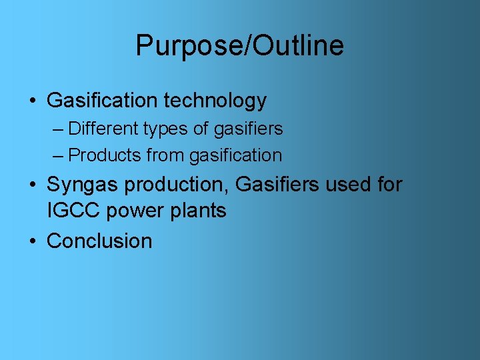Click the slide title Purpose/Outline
[239, 46]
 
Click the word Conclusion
[99, 241]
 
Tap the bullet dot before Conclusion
[33, 241]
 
